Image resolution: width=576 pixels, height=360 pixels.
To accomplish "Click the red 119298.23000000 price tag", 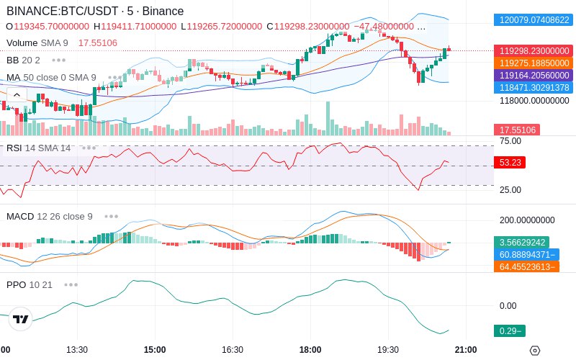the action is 534,50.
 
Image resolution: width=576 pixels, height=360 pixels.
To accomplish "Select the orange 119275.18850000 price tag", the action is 534,63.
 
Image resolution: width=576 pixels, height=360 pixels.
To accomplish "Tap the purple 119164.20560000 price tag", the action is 534,76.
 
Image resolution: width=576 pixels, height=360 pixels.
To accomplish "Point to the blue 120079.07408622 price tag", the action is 534,20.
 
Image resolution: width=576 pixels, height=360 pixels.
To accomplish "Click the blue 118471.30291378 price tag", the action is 534,87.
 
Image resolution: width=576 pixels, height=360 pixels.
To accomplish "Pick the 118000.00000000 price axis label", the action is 534,101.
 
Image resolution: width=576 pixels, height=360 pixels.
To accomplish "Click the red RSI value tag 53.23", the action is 510,163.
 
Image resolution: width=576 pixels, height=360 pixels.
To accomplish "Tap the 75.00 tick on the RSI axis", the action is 510,141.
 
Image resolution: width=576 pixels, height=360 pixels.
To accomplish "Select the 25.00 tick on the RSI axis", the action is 510,190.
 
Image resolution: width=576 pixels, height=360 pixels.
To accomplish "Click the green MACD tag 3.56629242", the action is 521,243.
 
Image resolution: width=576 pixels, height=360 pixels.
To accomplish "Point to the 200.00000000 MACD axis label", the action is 527,220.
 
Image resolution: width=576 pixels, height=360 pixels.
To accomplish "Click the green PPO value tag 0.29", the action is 510,331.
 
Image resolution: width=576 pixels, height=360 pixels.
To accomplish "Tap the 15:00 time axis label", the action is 155,350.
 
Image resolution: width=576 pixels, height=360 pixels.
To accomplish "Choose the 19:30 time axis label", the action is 388,350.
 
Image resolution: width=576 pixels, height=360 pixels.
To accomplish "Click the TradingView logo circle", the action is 21,319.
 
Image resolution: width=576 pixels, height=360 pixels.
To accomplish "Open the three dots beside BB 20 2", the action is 59,60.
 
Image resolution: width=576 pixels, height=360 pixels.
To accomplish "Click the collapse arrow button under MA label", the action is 17,95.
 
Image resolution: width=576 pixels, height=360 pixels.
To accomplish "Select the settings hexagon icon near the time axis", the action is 535,351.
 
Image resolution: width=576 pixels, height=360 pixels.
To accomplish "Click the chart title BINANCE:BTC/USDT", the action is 62,11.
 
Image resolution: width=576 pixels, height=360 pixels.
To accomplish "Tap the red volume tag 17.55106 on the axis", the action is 517,130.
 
